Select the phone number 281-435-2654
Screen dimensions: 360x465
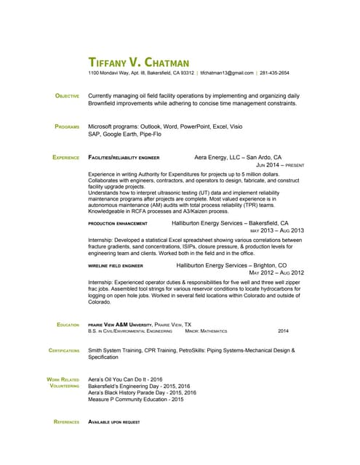273,73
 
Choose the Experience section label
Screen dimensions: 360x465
65,157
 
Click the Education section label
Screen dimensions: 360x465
68,325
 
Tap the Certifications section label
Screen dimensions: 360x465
64,351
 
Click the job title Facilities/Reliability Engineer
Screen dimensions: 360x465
124,157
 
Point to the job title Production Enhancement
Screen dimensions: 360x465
118,224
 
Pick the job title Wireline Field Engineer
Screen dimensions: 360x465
116,266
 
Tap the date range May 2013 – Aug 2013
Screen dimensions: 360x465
276,231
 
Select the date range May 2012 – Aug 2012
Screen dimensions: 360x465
276,273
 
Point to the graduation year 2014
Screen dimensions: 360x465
283,331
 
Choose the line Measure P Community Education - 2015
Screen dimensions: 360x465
136,400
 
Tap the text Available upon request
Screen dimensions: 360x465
113,421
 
